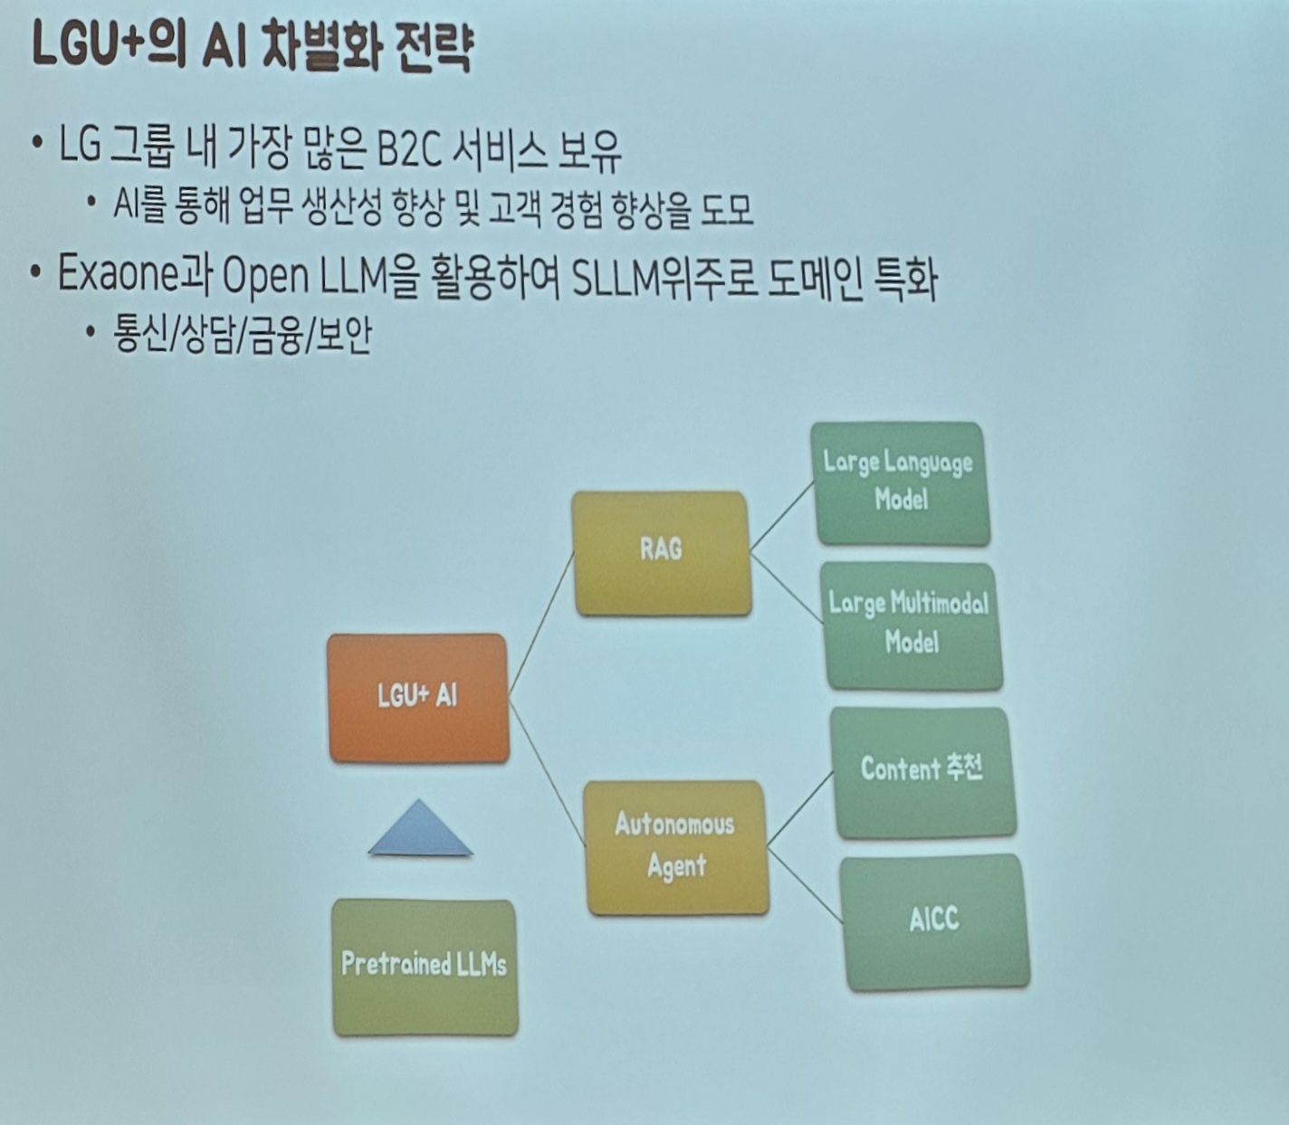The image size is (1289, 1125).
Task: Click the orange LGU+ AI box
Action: pyautogui.click(x=417, y=697)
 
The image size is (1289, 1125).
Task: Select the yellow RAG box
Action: pyautogui.click(x=662, y=552)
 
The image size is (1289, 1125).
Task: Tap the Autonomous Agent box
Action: pyautogui.click(x=676, y=846)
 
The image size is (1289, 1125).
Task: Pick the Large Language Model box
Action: pyautogui.click(x=901, y=482)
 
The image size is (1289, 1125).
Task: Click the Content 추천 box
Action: pyautogui.click(x=921, y=771)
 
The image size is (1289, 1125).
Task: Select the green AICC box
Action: pyautogui.click(x=934, y=921)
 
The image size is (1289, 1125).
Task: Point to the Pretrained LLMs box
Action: pyautogui.click(x=424, y=966)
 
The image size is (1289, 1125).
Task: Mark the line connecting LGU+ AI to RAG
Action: pyautogui.click(x=541, y=625)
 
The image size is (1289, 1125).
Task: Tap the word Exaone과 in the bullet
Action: pyautogui.click(x=134, y=275)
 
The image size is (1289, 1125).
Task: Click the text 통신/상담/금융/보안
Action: pyautogui.click(x=242, y=337)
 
